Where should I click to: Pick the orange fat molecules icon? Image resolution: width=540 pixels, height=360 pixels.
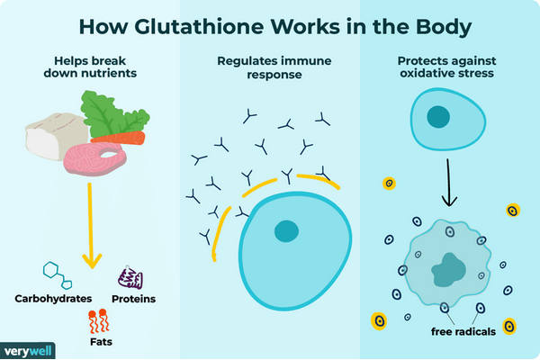[x=95, y=319]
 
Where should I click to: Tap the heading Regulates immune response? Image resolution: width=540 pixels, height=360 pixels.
[x=269, y=69]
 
